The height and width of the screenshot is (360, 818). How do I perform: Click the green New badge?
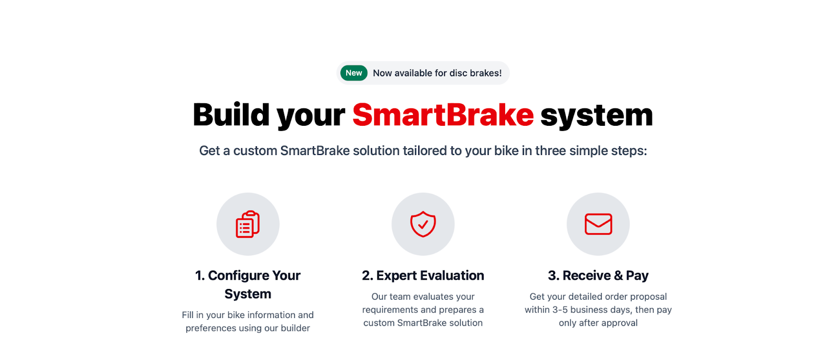click(x=353, y=73)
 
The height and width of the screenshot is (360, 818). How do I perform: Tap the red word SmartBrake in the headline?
click(x=443, y=115)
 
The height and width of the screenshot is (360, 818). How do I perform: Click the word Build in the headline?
click(x=231, y=115)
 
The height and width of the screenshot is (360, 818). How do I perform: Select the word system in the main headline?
click(x=596, y=116)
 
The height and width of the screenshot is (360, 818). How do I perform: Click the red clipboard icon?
click(x=247, y=224)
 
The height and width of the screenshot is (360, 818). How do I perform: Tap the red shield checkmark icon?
click(x=423, y=224)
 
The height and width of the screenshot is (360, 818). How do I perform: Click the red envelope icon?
click(x=598, y=224)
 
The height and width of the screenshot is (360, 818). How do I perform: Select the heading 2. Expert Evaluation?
click(x=423, y=275)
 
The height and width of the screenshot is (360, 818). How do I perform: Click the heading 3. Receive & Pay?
click(x=598, y=275)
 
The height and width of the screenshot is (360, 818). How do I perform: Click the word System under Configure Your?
click(x=247, y=294)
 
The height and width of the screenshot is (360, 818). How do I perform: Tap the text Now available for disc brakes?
click(x=437, y=73)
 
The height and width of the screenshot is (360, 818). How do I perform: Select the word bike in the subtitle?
click(x=507, y=150)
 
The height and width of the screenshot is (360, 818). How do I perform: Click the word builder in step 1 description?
click(x=295, y=328)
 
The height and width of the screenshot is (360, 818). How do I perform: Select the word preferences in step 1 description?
click(x=211, y=328)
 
